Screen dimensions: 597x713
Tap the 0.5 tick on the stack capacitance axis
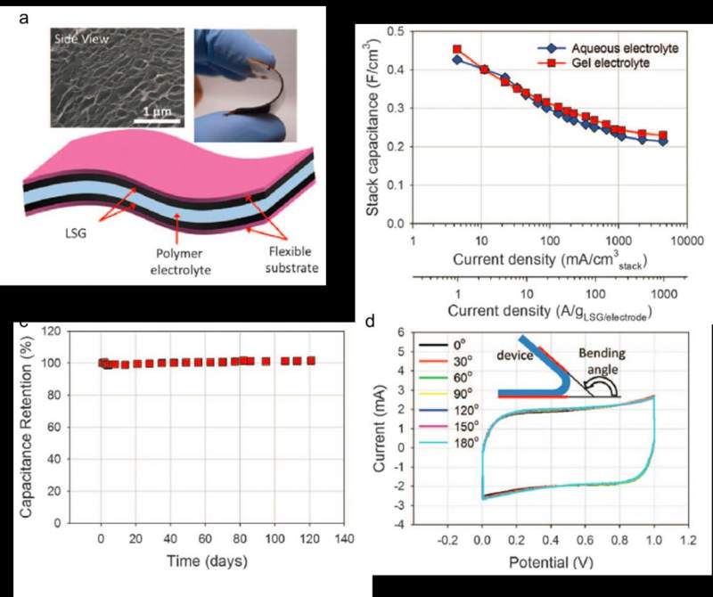(x=396, y=31)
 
